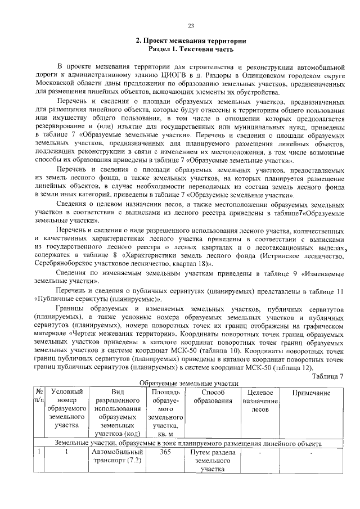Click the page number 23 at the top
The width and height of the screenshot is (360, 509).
click(x=190, y=26)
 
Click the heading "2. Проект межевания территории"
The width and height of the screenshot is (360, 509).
click(x=190, y=41)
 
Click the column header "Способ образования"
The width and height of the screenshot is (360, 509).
click(x=213, y=397)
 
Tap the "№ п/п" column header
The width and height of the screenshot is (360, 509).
click(x=40, y=397)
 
